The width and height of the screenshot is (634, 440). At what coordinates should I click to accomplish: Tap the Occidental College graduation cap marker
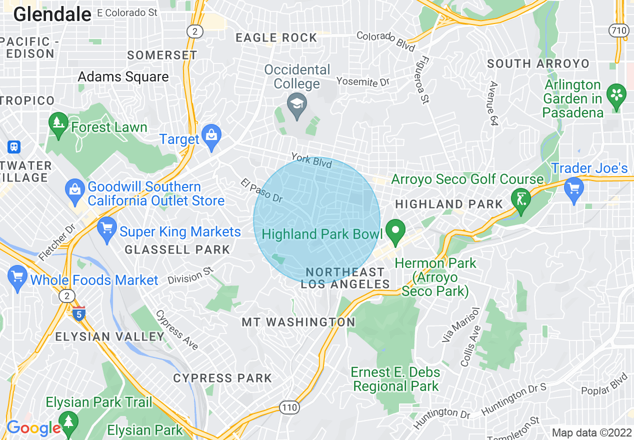(x=297, y=105)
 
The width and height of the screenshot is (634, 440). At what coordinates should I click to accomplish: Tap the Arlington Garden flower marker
(x=616, y=95)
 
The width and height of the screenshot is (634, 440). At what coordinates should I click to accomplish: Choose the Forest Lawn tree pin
(x=59, y=124)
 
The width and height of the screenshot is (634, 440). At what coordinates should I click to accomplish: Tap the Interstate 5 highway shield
(x=78, y=313)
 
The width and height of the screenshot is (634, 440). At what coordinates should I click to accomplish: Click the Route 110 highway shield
(x=289, y=407)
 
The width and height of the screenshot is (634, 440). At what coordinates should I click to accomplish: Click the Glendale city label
(x=52, y=14)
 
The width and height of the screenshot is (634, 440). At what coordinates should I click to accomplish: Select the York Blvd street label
(x=311, y=160)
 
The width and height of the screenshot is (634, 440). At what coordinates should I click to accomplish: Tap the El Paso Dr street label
(x=261, y=190)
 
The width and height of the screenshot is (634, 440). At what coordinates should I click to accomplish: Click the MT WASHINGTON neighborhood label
(x=298, y=322)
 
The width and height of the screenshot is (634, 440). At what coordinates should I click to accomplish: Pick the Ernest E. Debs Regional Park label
(x=395, y=379)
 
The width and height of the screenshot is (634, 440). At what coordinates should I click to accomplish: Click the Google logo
(x=33, y=428)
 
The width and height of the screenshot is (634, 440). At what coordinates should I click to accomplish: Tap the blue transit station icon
(x=13, y=147)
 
